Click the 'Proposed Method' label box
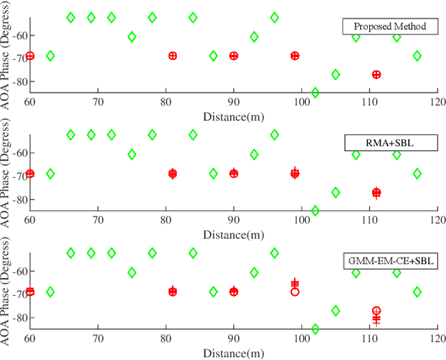389,27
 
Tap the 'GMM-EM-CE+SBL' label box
389,262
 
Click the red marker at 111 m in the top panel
376,75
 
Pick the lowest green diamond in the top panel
315,93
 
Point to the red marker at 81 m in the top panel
173,56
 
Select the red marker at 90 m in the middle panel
233,173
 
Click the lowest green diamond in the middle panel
315,210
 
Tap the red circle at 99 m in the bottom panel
295,292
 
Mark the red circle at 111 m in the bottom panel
376,311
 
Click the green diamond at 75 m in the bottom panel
132,272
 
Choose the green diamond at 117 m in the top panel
417,56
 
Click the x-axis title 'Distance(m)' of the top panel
233,115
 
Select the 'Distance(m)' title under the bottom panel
233,353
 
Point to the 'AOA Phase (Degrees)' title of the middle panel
8,174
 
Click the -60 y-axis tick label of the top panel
15,36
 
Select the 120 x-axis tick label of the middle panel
436,220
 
